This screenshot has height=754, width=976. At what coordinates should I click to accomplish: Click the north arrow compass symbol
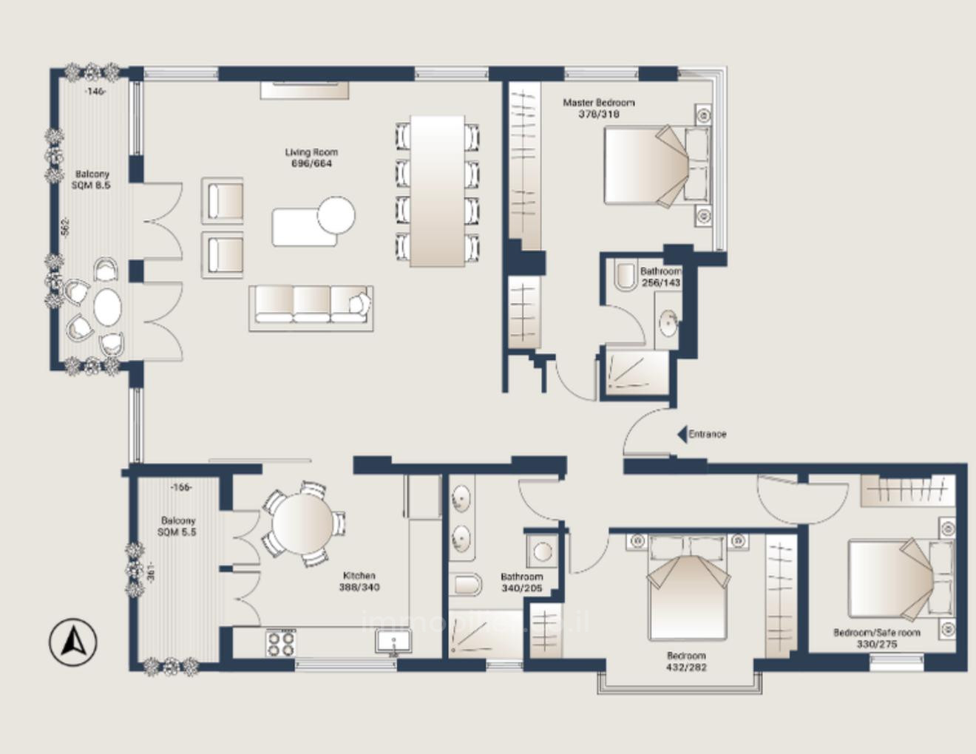73,642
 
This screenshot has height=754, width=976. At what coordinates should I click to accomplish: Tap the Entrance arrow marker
682,435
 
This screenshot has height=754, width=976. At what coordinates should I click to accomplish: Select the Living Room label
311,157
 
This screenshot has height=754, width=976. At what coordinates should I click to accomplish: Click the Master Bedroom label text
598,108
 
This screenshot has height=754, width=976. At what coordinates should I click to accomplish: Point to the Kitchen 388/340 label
359,581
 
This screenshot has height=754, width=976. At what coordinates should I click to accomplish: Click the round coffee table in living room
336,217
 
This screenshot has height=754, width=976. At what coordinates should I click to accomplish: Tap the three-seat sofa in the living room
311,307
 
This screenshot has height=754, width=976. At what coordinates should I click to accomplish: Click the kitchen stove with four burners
281,642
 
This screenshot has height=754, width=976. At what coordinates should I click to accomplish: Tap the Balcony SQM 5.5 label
178,526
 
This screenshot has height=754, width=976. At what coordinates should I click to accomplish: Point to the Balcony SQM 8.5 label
92,180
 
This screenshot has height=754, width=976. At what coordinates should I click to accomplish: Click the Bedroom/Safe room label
877,638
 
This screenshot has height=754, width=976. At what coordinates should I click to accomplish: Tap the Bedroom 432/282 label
686,661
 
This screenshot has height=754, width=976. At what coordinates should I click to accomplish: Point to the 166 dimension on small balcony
181,487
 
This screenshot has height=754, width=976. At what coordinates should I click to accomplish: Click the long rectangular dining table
438,191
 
